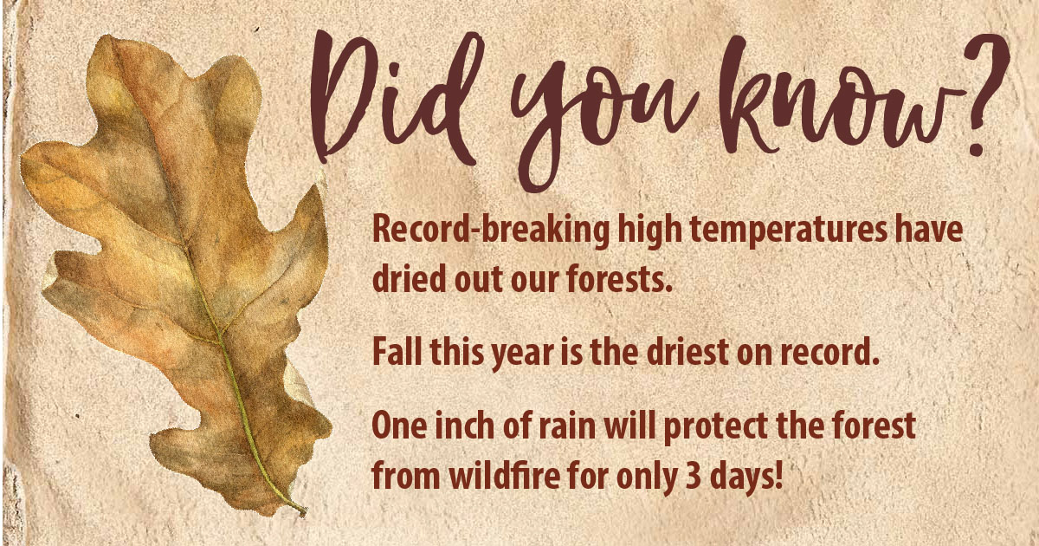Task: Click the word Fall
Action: coord(397,352)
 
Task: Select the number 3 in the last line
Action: coord(693,476)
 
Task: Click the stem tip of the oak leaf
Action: coord(304,513)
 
